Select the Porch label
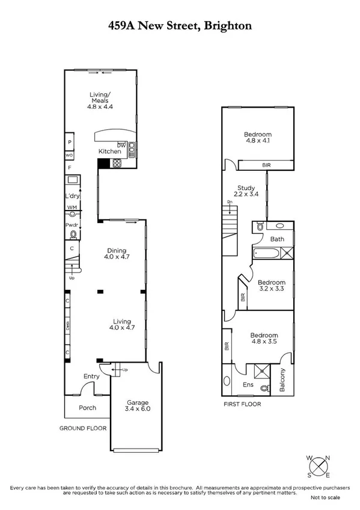click(x=88, y=408)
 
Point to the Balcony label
click(x=282, y=380)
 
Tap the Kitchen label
click(x=108, y=152)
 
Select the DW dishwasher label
click(x=121, y=145)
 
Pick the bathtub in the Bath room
click(x=265, y=253)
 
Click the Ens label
click(x=247, y=384)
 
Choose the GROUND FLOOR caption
click(x=82, y=429)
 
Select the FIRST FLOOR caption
click(x=242, y=404)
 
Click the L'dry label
click(x=73, y=197)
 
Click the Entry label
click(x=91, y=376)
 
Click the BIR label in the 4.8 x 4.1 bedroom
click(x=266, y=165)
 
